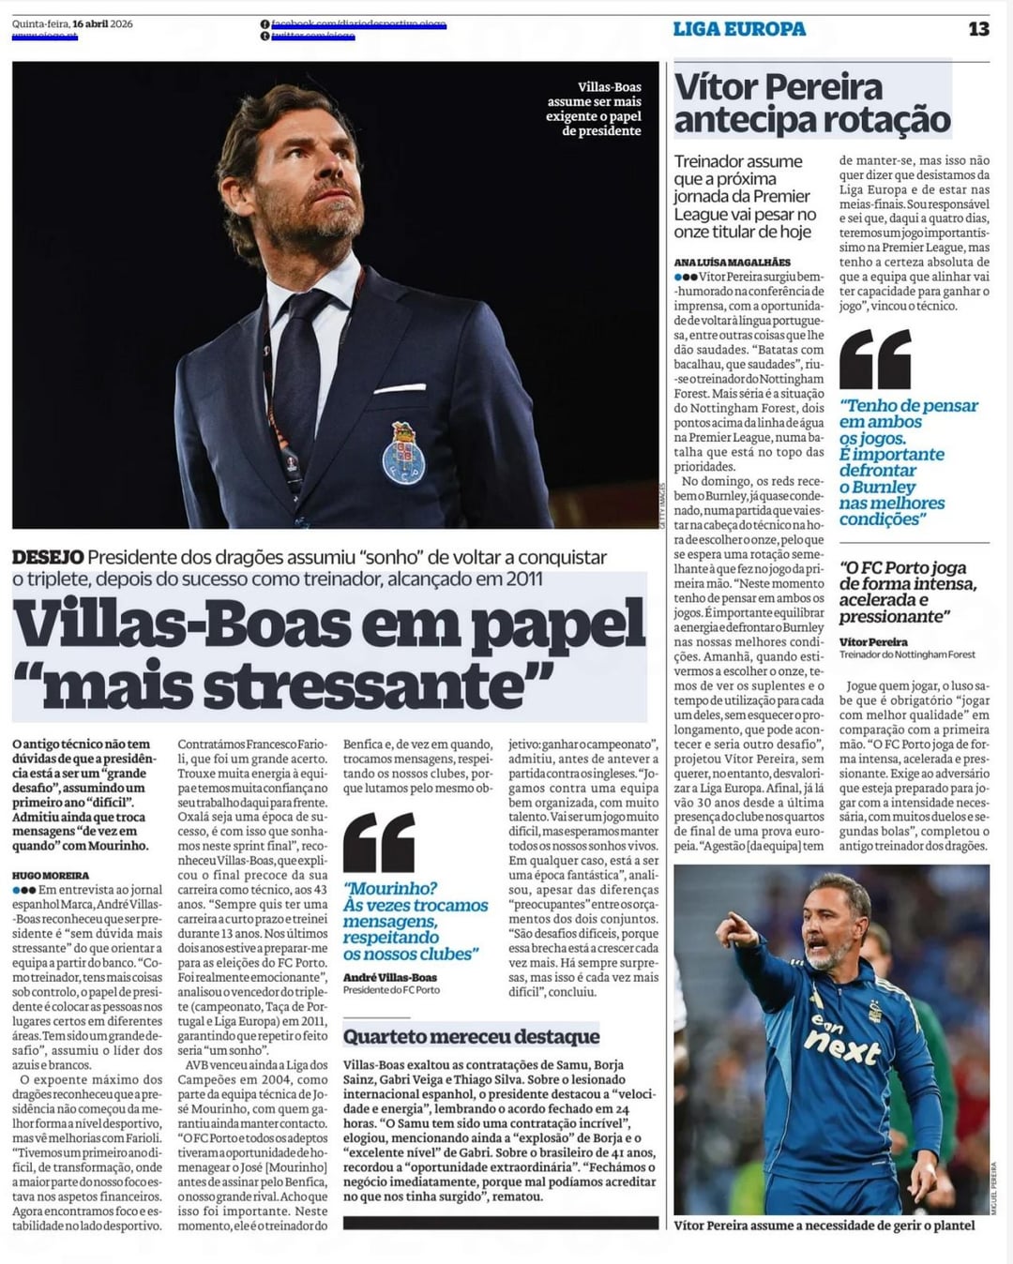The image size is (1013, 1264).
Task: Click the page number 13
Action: [x=978, y=29]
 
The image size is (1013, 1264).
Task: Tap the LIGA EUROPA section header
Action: [x=739, y=29]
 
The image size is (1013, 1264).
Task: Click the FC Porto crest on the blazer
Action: [x=403, y=454]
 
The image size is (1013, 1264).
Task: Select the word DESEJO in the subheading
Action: [x=48, y=557]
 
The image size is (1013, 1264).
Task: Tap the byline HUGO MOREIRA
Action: [x=51, y=875]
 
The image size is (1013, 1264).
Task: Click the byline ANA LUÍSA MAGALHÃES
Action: [x=733, y=263]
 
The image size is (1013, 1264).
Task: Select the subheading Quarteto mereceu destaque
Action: [x=471, y=1036]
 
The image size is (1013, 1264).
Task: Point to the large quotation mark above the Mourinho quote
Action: [x=379, y=842]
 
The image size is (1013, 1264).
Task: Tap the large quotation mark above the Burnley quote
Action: [x=874, y=359]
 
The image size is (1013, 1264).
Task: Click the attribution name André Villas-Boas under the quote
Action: [x=389, y=977]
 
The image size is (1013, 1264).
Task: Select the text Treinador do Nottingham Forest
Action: [x=907, y=655]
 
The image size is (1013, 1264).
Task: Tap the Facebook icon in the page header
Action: [x=265, y=24]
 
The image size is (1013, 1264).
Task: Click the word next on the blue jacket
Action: [x=841, y=1047]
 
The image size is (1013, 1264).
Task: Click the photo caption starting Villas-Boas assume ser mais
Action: [x=594, y=109]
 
